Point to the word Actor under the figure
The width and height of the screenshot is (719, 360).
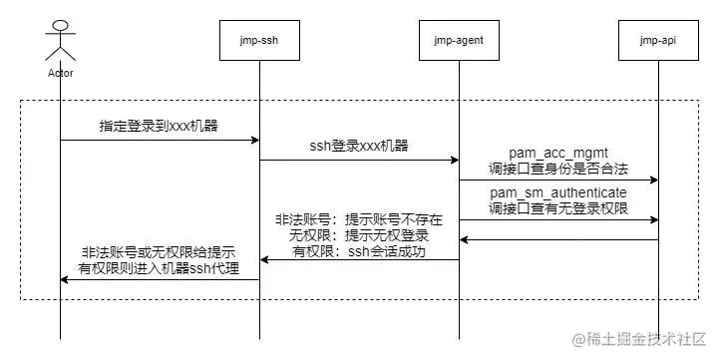pos(60,73)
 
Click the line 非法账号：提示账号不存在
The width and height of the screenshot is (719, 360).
pos(359,218)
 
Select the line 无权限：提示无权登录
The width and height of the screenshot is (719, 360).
pos(359,235)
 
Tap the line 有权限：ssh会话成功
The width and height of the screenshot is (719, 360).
pos(359,252)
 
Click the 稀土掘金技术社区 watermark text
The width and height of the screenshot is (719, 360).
pos(643,339)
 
